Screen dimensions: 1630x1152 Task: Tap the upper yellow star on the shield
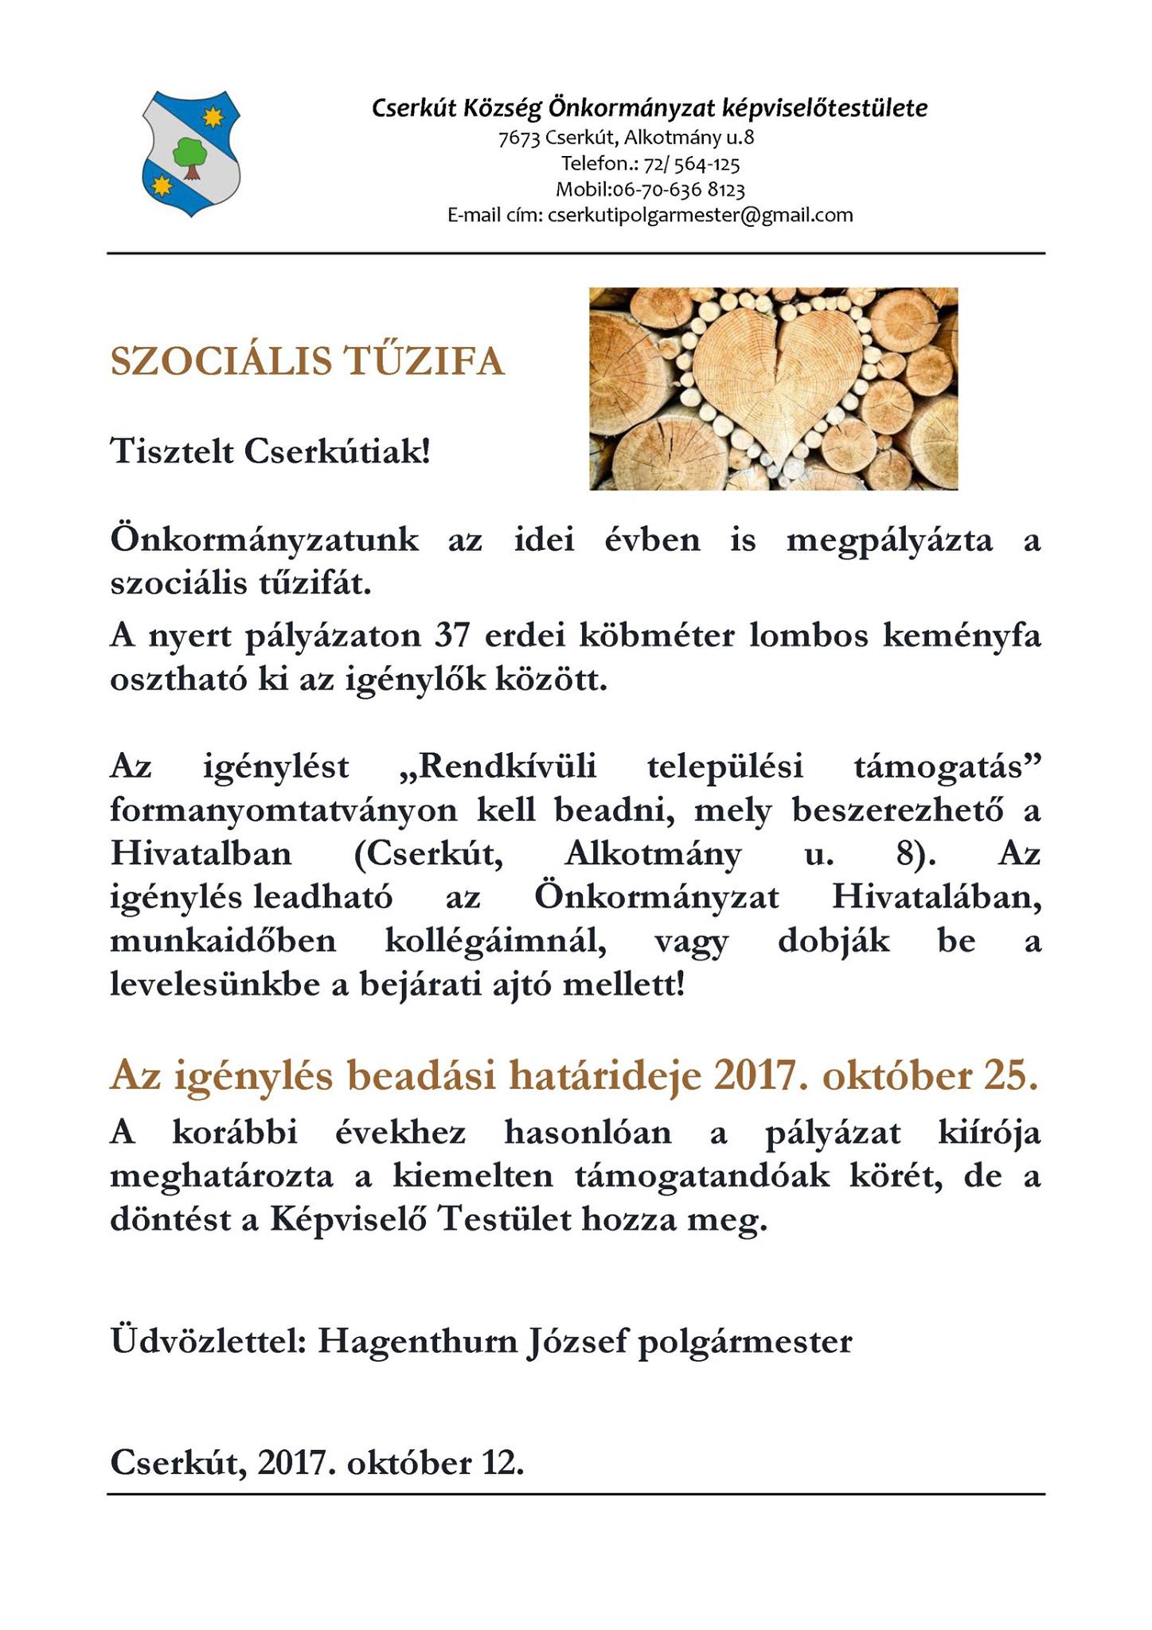(212, 117)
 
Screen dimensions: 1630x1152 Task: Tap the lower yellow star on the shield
(162, 186)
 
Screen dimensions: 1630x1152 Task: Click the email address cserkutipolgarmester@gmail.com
(700, 215)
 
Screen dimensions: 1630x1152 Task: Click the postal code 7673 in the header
(519, 138)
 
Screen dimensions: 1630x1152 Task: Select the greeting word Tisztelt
(171, 452)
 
